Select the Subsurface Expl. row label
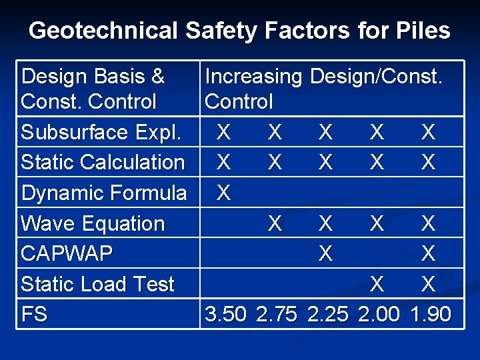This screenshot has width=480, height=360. coord(101,132)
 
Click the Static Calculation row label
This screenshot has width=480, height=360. coord(103,162)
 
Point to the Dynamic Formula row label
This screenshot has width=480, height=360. coord(103,193)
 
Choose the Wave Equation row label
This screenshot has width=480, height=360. coord(93,223)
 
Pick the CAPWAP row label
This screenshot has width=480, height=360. coord(67,254)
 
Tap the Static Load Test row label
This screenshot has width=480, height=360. coord(97,285)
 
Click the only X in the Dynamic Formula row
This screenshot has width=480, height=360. coord(224,193)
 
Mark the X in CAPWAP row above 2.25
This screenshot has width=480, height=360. coord(325,254)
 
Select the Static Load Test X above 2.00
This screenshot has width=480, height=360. coord(377,285)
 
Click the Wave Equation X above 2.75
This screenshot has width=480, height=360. coord(274,223)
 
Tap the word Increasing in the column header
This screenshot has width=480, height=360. coord(253,77)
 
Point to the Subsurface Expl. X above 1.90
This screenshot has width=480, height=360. coord(428,132)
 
